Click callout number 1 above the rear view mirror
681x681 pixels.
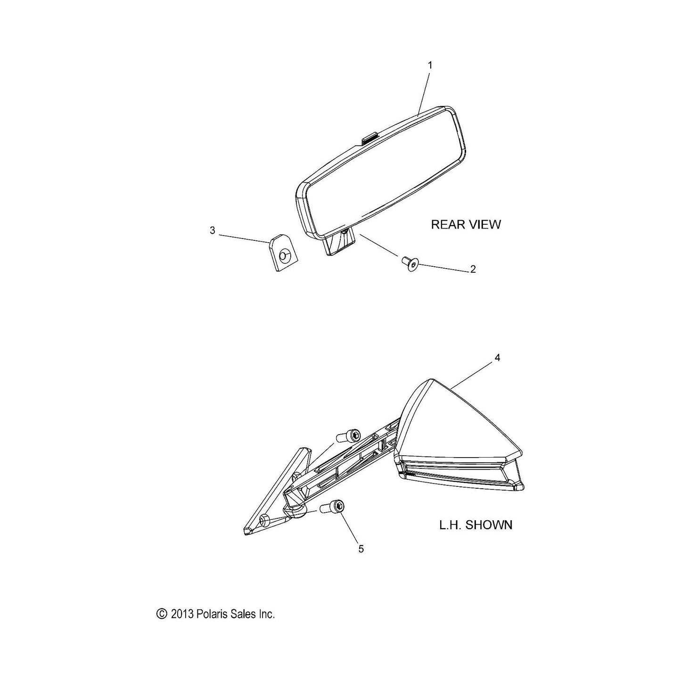pos(430,66)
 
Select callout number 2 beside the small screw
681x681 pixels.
pos(473,269)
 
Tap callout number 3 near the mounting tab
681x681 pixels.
pos(213,230)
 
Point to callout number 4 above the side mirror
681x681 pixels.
pos(497,358)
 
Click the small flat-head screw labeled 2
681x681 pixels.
pos(410,264)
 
